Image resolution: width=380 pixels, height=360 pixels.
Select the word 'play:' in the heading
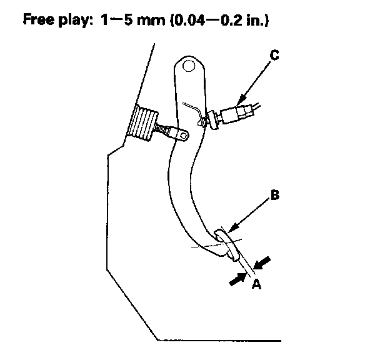coord(80,19)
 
